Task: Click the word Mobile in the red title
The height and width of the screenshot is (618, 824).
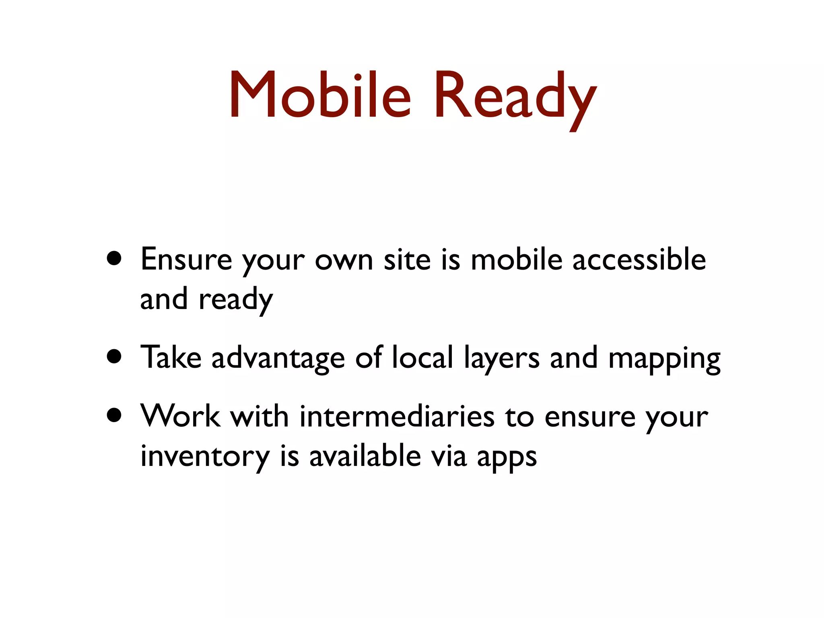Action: [x=320, y=95]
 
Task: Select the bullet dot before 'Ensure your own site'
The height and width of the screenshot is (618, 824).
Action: [x=115, y=259]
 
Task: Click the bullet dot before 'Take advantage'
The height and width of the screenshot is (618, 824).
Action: [x=115, y=356]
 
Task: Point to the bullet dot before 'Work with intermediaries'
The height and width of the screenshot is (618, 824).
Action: [x=115, y=416]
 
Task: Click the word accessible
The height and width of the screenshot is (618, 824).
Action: [x=639, y=260]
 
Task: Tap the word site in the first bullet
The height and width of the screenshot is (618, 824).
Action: [x=407, y=260]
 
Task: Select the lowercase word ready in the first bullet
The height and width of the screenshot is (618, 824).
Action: [x=236, y=300]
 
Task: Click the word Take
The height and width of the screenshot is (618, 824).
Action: [x=171, y=357]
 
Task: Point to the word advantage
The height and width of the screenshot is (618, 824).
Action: [x=278, y=358]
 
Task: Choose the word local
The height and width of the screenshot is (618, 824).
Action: [x=422, y=357]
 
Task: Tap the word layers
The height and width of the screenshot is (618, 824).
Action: [x=501, y=358]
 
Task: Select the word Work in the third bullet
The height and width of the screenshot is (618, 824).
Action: [x=180, y=416]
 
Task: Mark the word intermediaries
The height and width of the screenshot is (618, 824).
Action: [x=397, y=416]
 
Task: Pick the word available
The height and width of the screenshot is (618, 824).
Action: [x=365, y=456]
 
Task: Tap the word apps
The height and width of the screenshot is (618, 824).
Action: [x=507, y=458]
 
